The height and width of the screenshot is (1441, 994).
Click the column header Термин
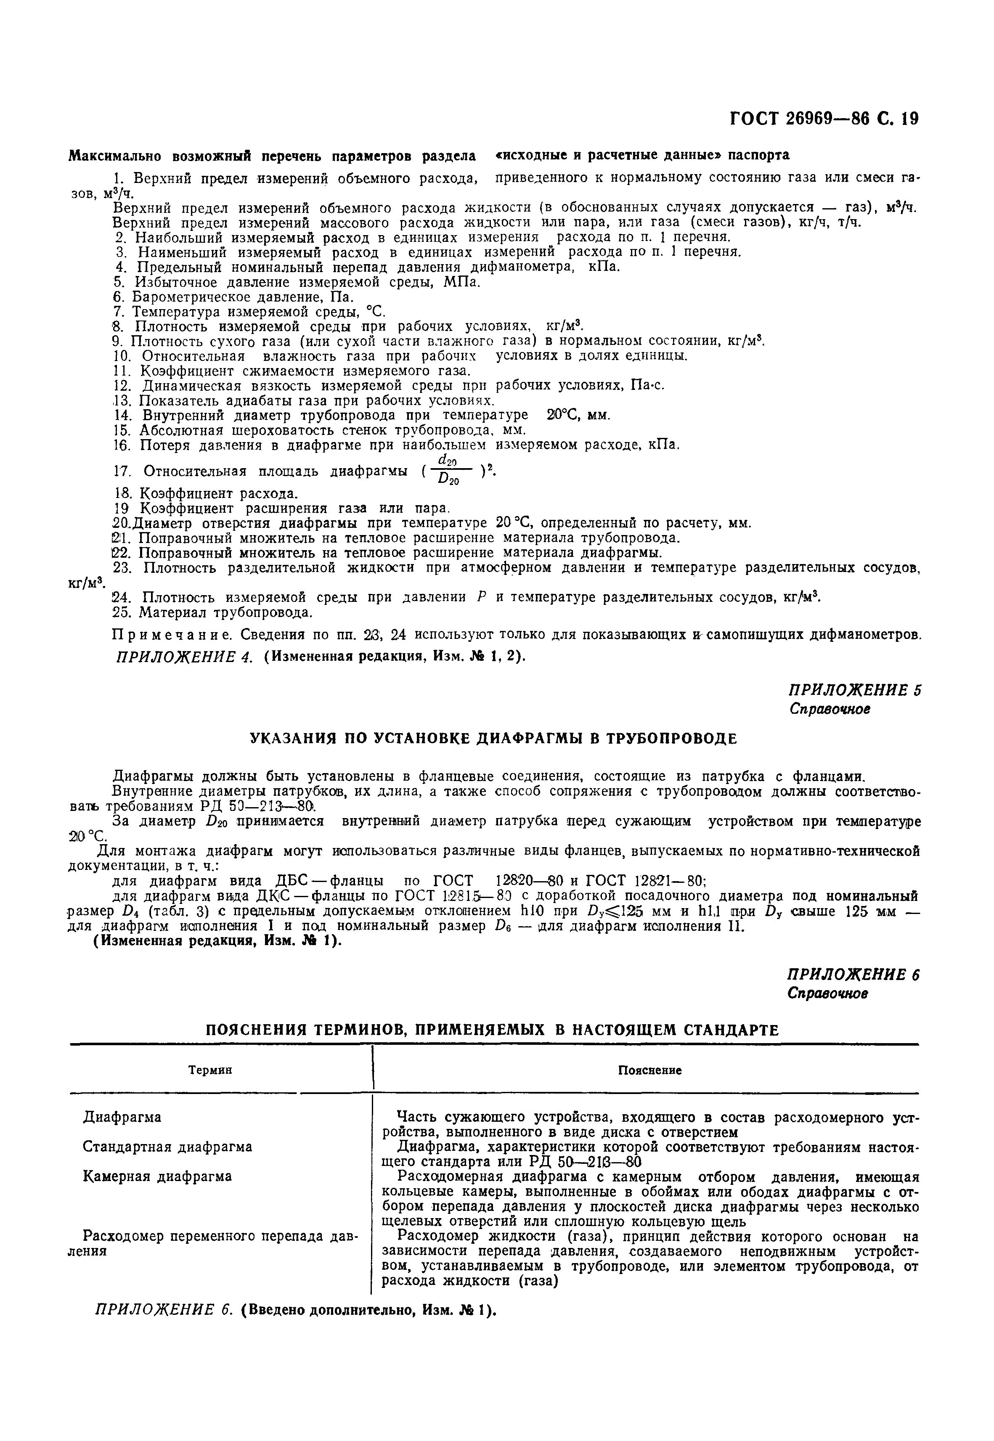[x=210, y=1070]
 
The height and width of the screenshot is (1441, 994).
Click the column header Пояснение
[x=649, y=1070]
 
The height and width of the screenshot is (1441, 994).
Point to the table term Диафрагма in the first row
[x=122, y=1117]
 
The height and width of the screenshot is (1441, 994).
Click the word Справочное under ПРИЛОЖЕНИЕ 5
[x=830, y=709]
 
